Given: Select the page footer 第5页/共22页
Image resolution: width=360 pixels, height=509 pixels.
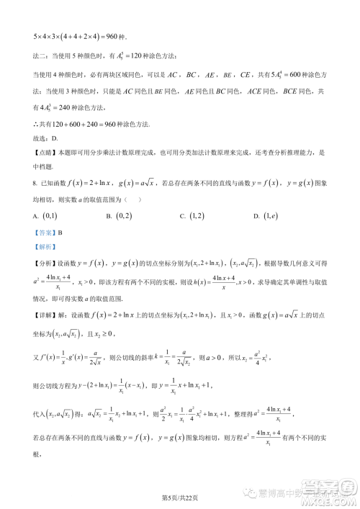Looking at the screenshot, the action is pyautogui.click(x=180, y=498).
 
